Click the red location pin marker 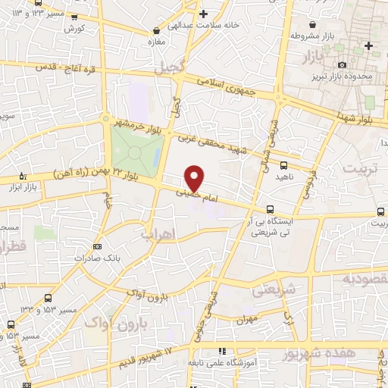[x=195, y=178]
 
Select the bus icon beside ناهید [x=283, y=164]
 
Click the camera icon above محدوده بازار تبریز [x=343, y=65]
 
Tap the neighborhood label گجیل [x=168, y=68]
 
